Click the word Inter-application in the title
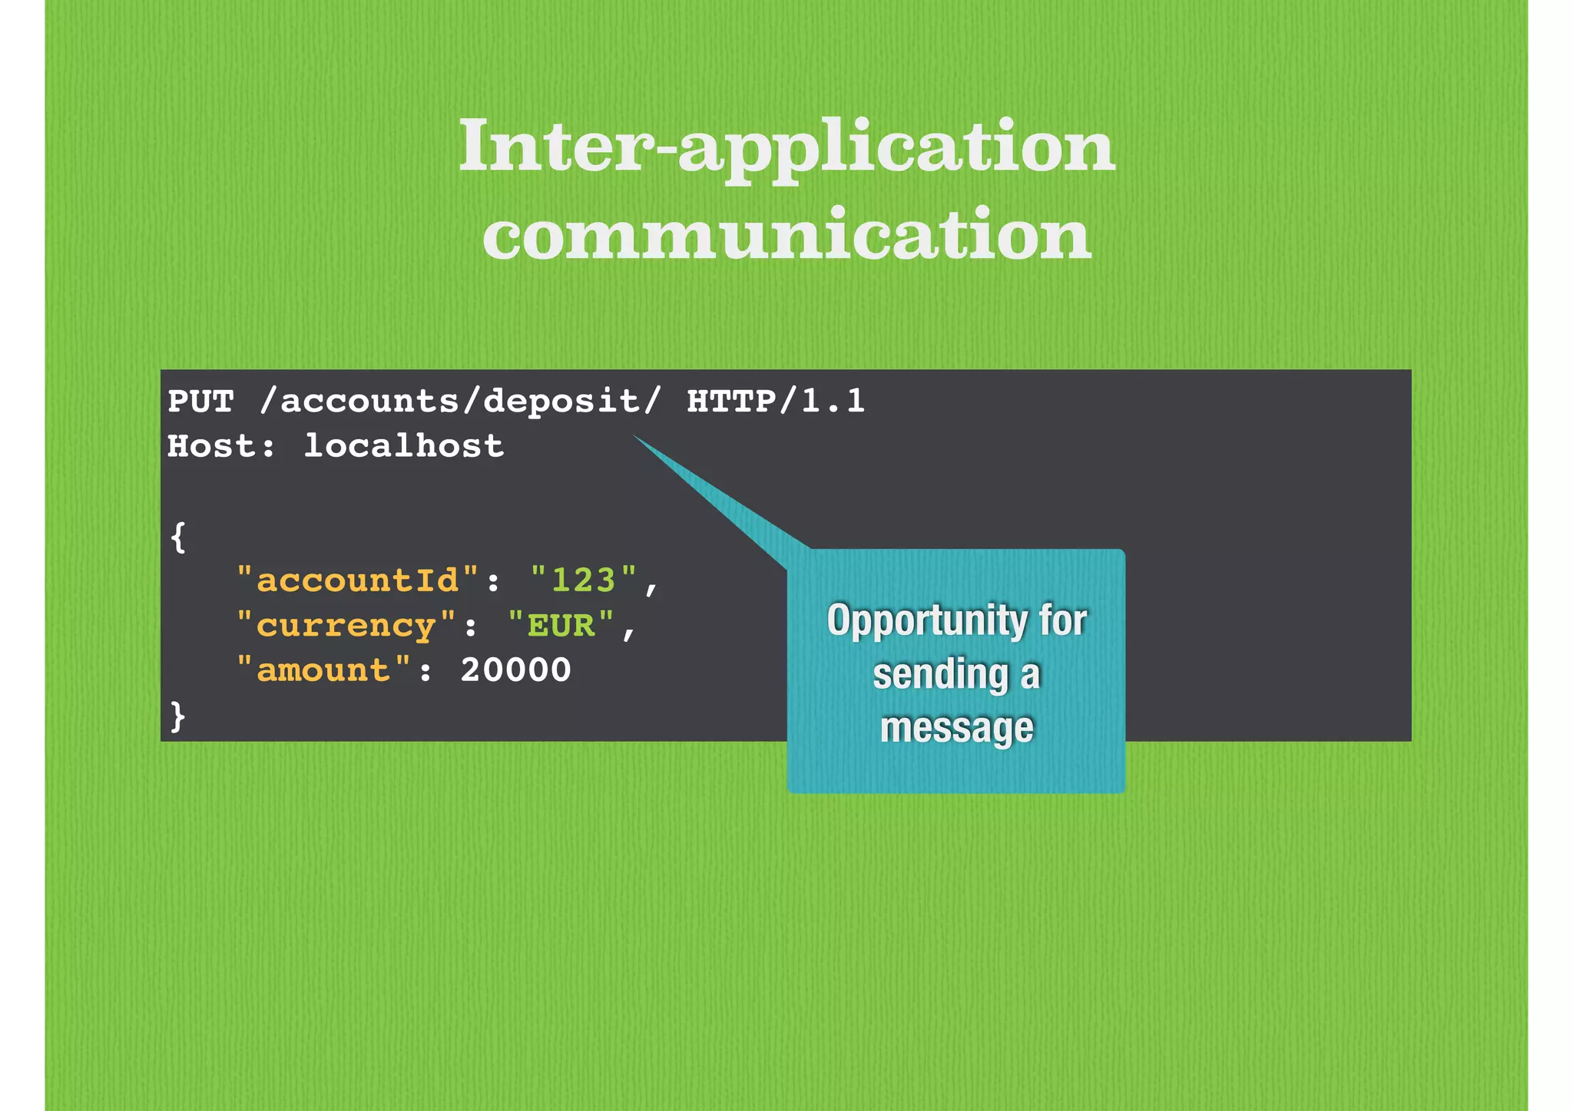pyautogui.click(x=786, y=146)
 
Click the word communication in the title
pyautogui.click(x=786, y=234)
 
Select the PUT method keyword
pyautogui.click(x=200, y=402)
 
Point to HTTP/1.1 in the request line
pyautogui.click(x=776, y=402)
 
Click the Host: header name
pyautogui.click(x=221, y=447)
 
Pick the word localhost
pyautogui.click(x=404, y=447)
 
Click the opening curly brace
pyautogui.click(x=178, y=537)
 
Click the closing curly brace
pyautogui.click(x=178, y=716)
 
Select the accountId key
pyautogui.click(x=358, y=580)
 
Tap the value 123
pyautogui.click(x=584, y=580)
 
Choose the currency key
pyautogui.click(x=346, y=626)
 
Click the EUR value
pyautogui.click(x=561, y=626)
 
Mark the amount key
pyautogui.click(x=323, y=671)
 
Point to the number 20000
pyautogui.click(x=516, y=671)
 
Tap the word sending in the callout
pyautogui.click(x=940, y=675)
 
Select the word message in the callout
pyautogui.click(x=956, y=727)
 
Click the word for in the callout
pyautogui.click(x=1063, y=620)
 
